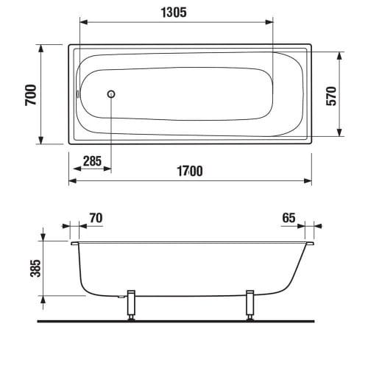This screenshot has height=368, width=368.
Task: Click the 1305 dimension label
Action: tap(174, 13)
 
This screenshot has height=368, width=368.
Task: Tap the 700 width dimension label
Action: tap(31, 95)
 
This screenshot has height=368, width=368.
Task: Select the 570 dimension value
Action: tap(331, 96)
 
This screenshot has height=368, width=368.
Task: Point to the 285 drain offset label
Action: tap(92, 161)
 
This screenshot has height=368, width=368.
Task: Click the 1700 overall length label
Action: tap(190, 171)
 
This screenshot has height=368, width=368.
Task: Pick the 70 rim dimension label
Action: tap(96, 218)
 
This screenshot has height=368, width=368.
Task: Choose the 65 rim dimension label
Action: tap(289, 218)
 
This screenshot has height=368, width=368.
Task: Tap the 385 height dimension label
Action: tap(35, 268)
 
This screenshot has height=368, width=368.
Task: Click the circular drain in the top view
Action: tap(111, 94)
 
